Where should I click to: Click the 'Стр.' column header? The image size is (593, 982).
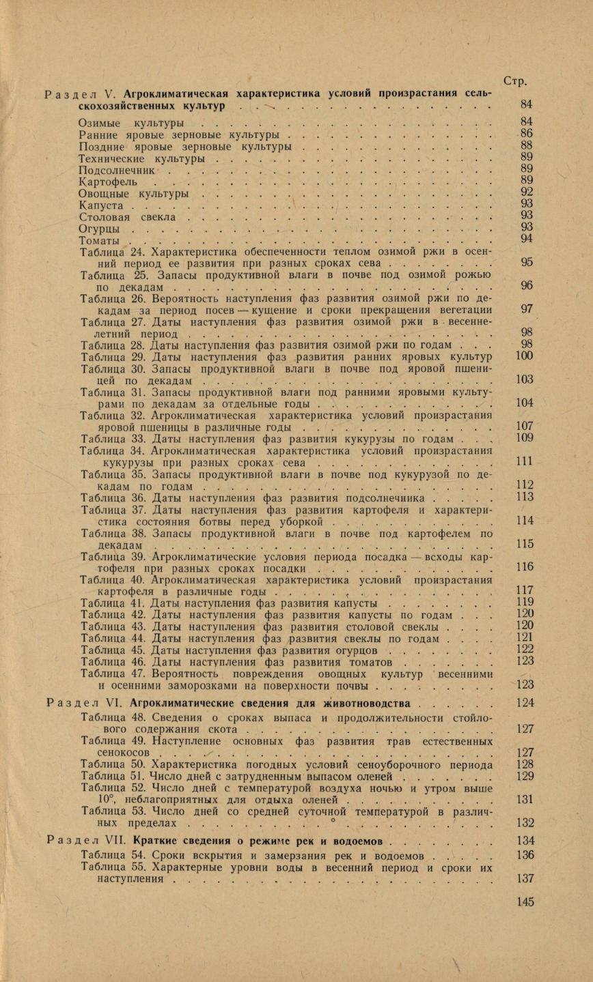click(514, 81)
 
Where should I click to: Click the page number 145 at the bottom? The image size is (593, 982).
click(525, 902)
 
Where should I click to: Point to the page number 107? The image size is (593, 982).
click(525, 427)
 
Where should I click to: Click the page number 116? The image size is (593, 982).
click(525, 567)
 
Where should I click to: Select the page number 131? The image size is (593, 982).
click(525, 799)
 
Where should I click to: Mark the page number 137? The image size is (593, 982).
click(525, 879)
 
